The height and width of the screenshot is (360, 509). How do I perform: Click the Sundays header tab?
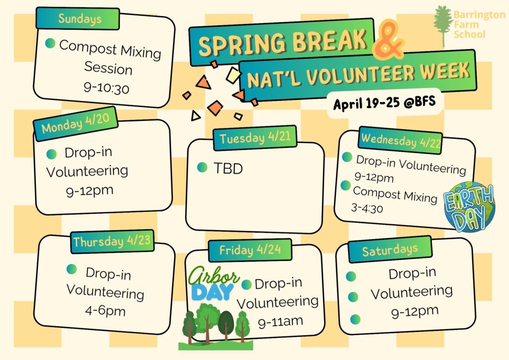point(78,18)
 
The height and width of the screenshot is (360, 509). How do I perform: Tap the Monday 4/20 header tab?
point(76,124)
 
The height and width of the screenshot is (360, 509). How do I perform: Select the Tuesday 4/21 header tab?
point(255,138)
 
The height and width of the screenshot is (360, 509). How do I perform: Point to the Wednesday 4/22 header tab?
point(401,140)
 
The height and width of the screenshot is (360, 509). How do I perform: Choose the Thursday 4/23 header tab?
point(112,241)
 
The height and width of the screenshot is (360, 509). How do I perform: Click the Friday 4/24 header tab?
point(250,250)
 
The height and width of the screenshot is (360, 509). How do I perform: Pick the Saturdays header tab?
point(390,250)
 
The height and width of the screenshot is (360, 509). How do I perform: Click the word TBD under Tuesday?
point(228,169)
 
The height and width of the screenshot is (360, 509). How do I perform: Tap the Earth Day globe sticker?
point(469,207)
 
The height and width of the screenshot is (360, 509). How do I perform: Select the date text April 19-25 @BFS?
point(384,102)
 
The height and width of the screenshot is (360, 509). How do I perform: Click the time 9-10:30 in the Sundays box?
point(106,88)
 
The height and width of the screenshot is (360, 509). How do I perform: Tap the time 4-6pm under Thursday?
point(105,311)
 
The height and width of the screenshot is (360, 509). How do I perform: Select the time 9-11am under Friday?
point(280,322)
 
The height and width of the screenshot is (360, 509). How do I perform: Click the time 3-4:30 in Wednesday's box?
point(367,208)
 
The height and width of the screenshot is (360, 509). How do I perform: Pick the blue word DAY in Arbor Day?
point(213,291)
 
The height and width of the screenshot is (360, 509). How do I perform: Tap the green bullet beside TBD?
point(202,167)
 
